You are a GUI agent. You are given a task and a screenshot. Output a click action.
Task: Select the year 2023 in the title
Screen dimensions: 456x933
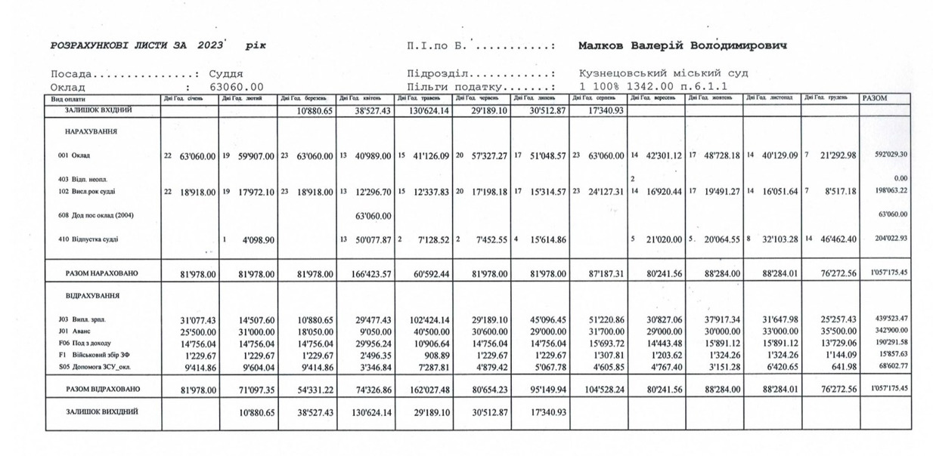click(209, 45)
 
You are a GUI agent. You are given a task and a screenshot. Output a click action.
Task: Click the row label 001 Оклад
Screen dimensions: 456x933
click(75, 156)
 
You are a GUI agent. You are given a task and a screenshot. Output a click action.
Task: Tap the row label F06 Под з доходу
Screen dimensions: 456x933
click(85, 343)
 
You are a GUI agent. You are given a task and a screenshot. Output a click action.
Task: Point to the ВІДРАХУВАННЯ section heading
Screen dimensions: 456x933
click(93, 295)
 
